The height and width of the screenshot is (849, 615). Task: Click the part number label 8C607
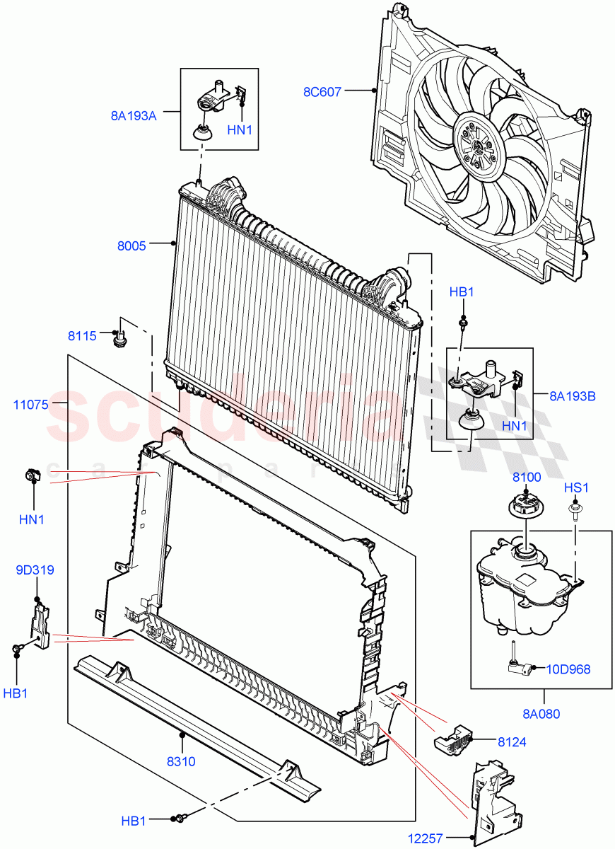point(322,91)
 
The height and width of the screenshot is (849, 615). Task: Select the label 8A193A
point(134,116)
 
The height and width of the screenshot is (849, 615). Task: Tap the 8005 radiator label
point(131,246)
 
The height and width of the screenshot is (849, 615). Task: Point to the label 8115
point(82,336)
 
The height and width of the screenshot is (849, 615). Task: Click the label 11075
point(30,405)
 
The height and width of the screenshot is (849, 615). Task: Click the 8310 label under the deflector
point(181,762)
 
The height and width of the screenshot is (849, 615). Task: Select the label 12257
point(426,839)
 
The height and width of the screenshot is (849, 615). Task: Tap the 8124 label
point(512,742)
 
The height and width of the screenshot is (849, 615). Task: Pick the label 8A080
point(542,714)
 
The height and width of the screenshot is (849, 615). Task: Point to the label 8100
point(527,477)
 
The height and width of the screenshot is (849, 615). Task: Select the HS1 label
point(576,488)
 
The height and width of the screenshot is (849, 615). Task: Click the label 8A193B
point(573,396)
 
